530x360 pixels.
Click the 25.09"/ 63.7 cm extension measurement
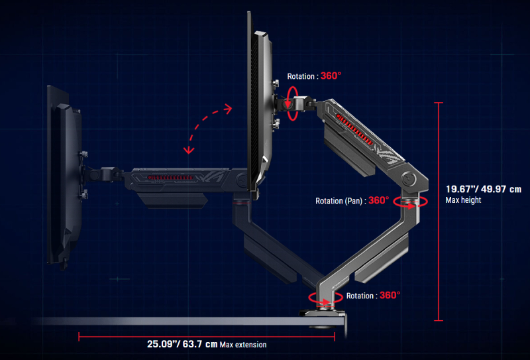tap(182, 344)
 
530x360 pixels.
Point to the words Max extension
tap(243, 345)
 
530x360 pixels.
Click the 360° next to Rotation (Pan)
tap(379, 200)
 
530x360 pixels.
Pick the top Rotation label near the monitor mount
tap(302, 76)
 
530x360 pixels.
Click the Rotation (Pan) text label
tap(340, 200)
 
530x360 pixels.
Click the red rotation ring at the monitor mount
tap(293, 102)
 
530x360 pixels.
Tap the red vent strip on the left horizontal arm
tap(172, 178)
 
